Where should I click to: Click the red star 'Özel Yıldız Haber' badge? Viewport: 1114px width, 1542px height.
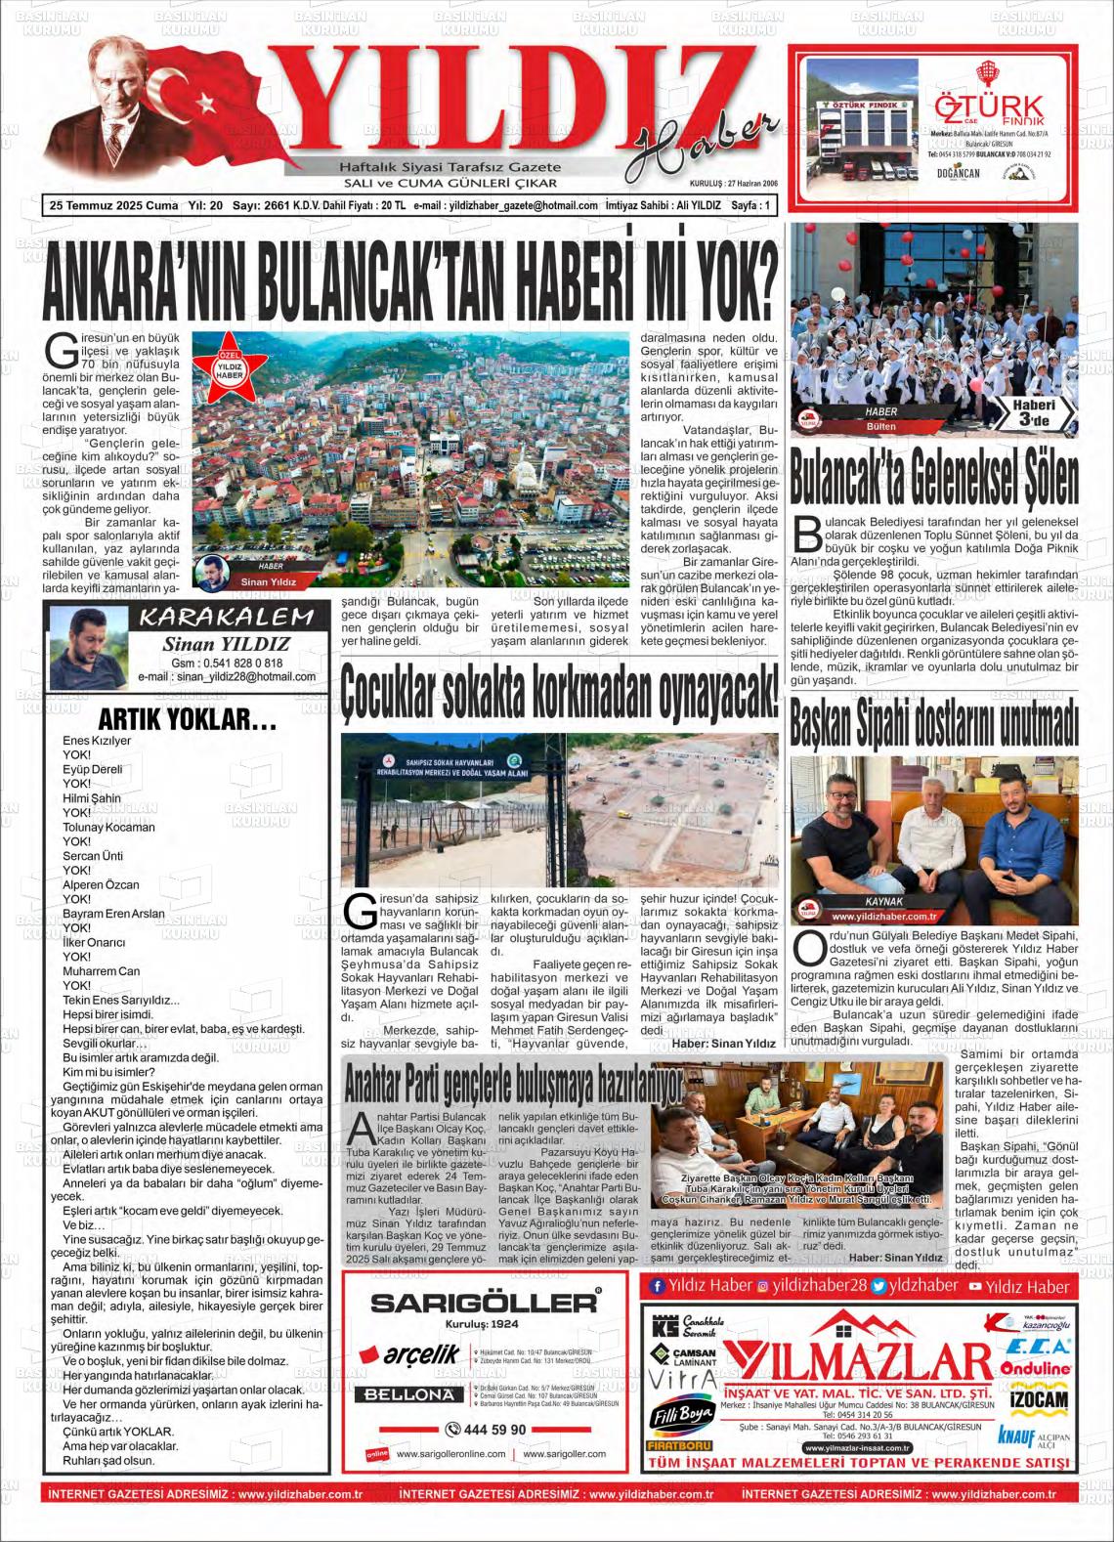pos(230,370)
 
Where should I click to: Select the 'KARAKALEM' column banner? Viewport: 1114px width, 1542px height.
pos(227,617)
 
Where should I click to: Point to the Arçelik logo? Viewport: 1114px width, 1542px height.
pos(409,1354)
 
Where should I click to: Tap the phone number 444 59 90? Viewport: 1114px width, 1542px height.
pos(486,1429)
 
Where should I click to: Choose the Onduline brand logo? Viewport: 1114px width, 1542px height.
pos(1036,1370)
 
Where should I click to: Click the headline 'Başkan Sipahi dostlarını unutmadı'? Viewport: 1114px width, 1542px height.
pos(934,723)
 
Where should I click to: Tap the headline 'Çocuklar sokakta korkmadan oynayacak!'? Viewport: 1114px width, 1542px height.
pos(561,694)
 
